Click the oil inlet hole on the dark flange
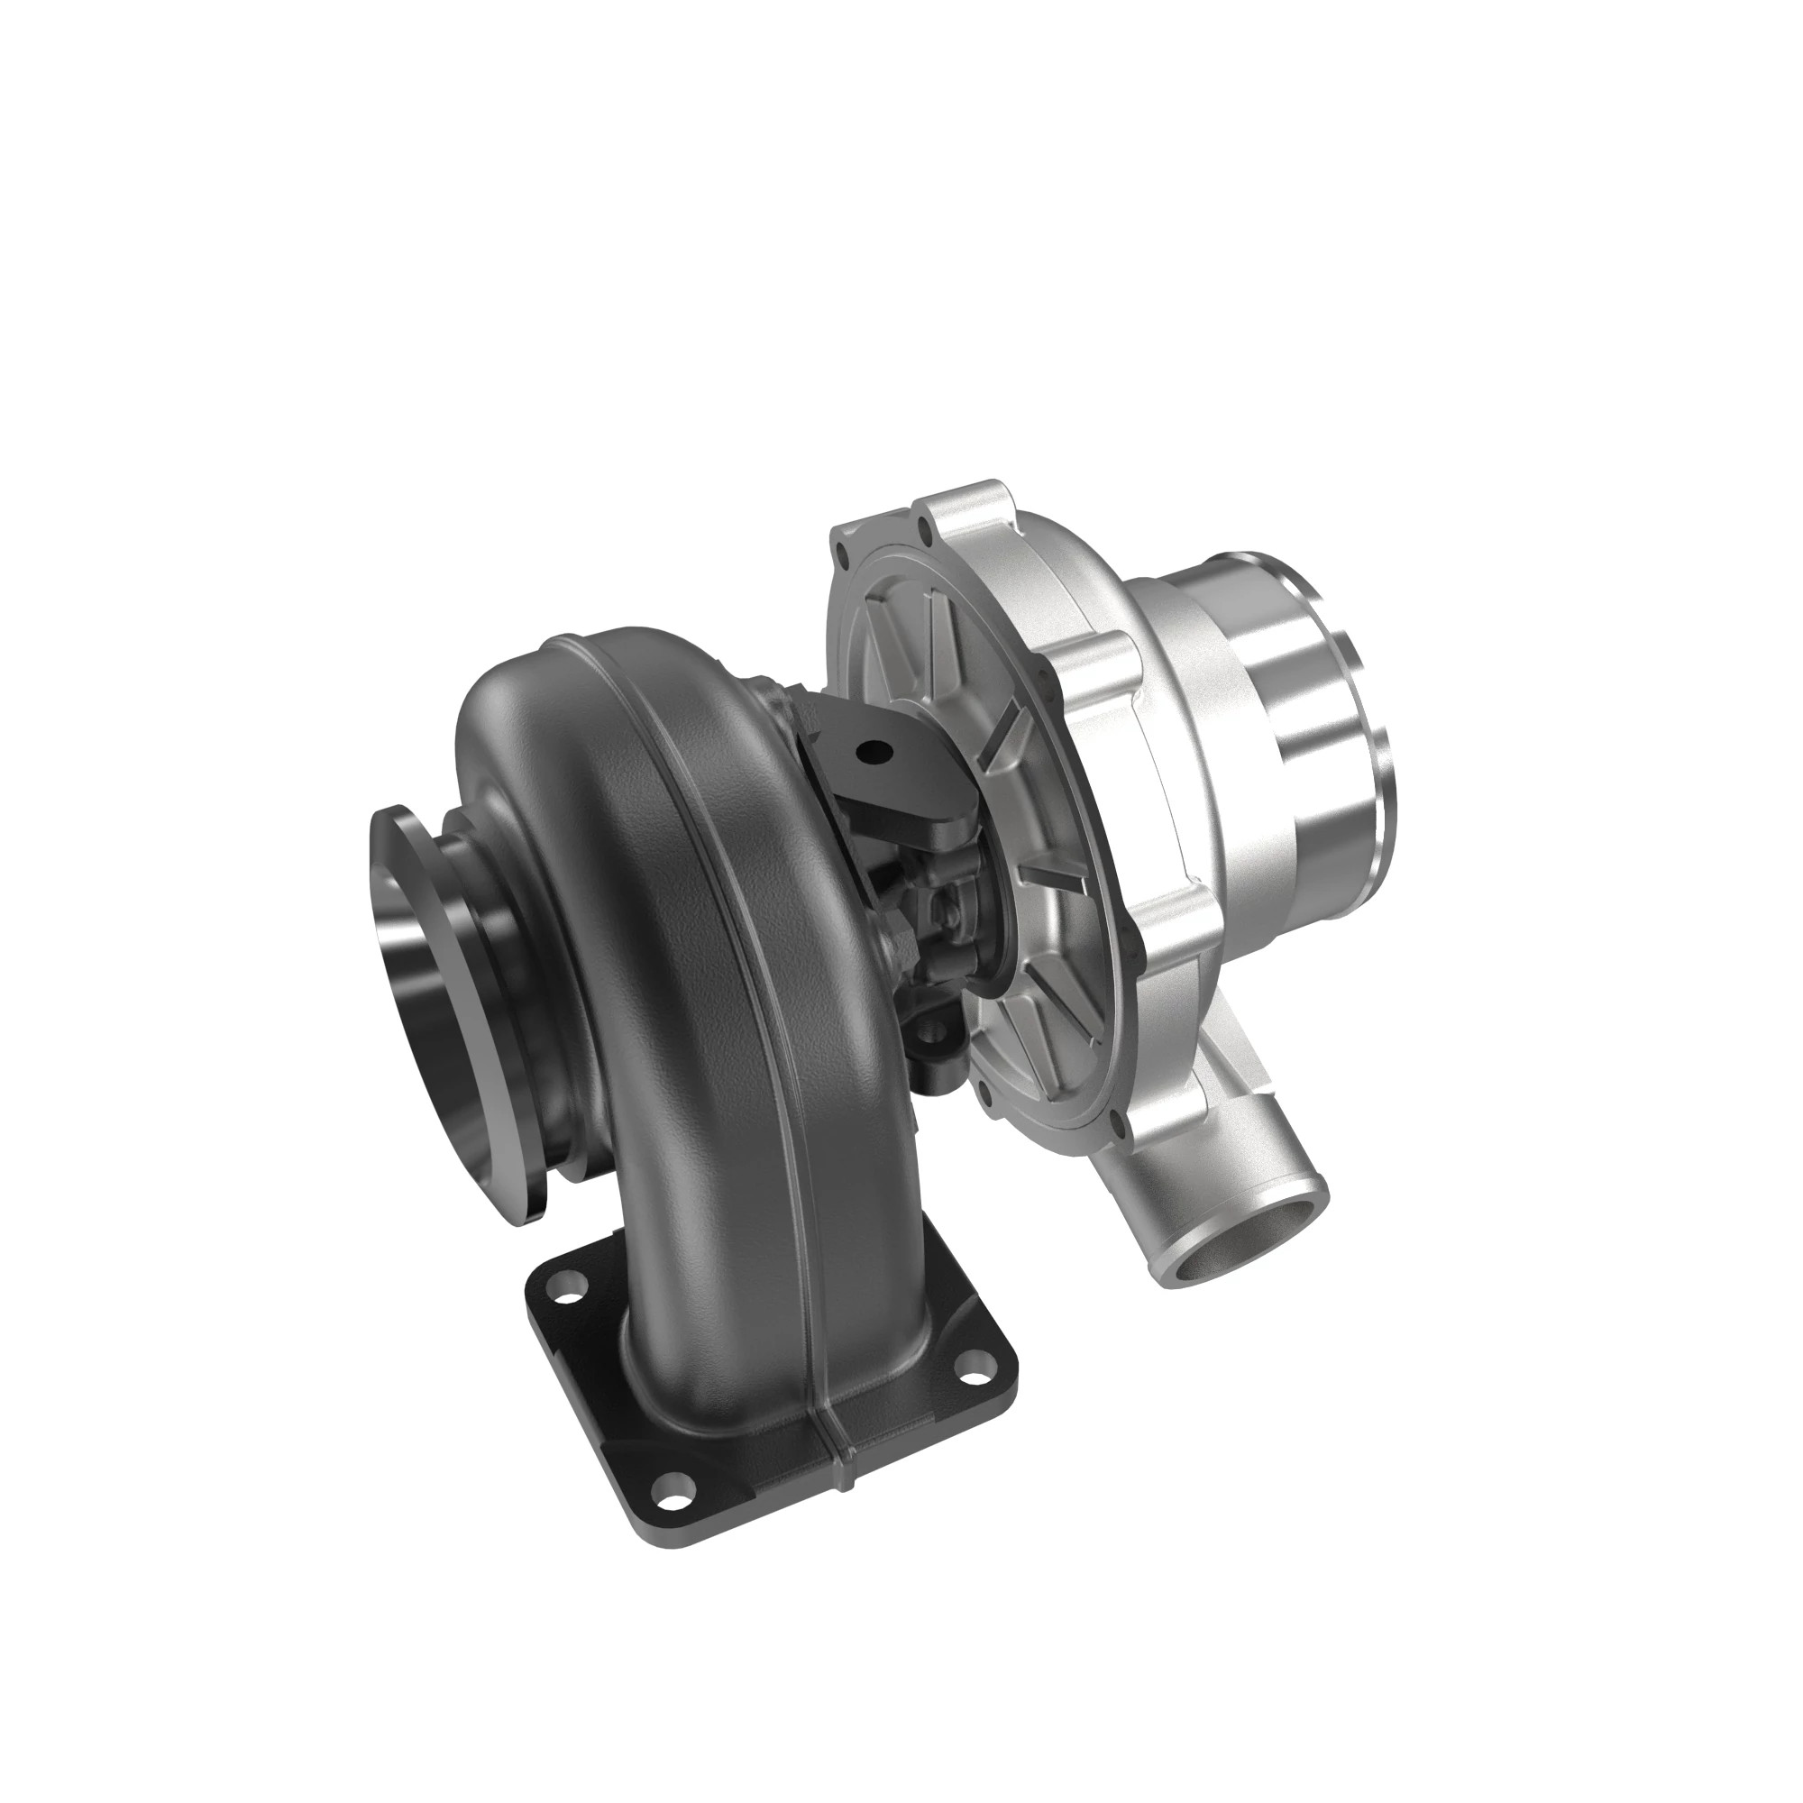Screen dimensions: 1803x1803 (x=874, y=748)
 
